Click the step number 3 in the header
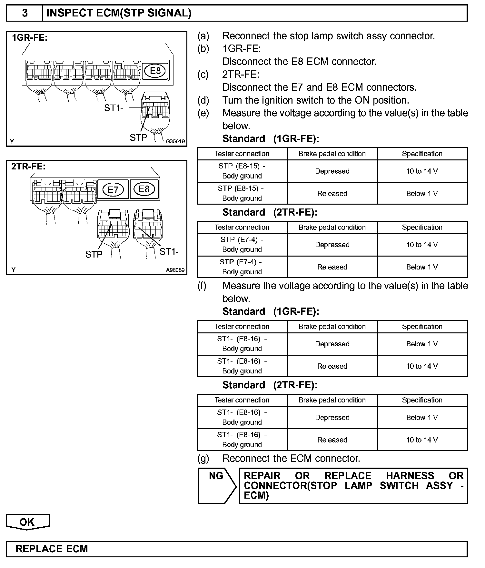tap(25, 13)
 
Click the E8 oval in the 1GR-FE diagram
tap(155, 71)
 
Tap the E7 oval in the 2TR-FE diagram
tap(113, 189)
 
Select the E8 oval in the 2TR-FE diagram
tap(144, 189)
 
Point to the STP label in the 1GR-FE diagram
tap(138, 138)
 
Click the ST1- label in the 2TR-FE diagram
tap(169, 251)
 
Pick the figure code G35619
tap(175, 141)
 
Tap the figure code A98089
tap(175, 270)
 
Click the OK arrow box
tap(27, 522)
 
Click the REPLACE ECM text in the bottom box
tap(52, 549)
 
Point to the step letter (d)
tap(203, 100)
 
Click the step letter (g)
tap(203, 459)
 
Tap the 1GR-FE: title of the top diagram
tap(30, 38)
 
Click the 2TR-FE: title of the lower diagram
tap(28, 167)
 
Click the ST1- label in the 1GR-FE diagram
tap(114, 108)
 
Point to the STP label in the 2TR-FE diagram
tap(94, 255)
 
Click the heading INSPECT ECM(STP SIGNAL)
tap(119, 13)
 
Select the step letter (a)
tap(203, 36)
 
